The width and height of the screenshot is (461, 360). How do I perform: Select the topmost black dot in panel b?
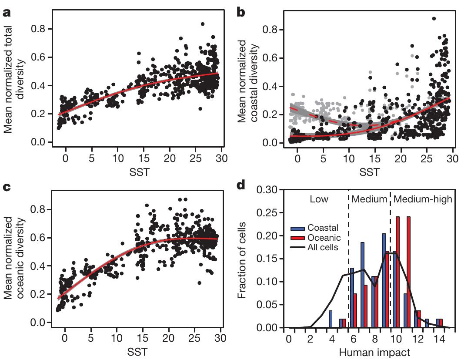434,19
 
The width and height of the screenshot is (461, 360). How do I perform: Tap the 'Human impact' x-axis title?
372,350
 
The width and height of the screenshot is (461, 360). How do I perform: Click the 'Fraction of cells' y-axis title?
244,259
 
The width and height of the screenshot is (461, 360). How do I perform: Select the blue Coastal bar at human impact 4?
331,319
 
